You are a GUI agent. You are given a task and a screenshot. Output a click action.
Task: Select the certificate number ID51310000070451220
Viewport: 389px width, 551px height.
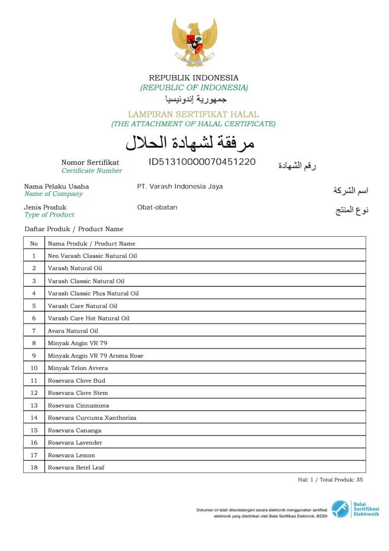click(202, 162)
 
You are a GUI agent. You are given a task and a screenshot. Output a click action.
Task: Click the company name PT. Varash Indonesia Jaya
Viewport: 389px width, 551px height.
click(180, 187)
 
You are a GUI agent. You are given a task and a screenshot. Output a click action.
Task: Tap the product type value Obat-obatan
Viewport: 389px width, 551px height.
click(157, 207)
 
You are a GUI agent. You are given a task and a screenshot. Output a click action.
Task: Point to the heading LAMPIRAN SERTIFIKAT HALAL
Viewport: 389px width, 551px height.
click(193, 115)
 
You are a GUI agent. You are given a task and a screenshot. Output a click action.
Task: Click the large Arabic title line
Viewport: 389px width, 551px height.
click(190, 143)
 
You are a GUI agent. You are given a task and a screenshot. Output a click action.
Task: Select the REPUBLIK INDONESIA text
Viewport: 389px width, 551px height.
click(193, 78)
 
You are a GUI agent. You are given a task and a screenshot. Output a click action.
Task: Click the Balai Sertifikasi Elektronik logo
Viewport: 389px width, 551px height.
click(355, 508)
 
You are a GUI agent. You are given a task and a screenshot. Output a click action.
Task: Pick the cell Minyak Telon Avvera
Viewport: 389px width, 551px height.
click(77, 368)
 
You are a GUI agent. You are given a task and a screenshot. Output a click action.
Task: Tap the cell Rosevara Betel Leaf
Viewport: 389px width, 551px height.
click(76, 467)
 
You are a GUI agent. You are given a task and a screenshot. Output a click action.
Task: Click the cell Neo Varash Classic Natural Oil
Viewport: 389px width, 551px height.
click(92, 256)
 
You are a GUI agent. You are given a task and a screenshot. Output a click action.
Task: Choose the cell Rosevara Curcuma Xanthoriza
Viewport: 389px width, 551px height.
click(92, 418)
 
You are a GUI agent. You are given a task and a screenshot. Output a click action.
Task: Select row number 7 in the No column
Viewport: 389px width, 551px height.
click(34, 330)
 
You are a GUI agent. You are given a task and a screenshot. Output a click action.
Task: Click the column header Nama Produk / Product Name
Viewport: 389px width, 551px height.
click(91, 243)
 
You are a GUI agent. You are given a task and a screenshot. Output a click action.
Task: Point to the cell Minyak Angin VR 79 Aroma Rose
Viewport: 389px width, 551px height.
click(95, 356)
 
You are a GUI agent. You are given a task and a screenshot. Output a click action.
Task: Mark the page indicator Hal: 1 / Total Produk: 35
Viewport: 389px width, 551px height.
click(330, 480)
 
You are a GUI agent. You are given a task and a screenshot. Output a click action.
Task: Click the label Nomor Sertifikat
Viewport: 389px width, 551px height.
click(90, 163)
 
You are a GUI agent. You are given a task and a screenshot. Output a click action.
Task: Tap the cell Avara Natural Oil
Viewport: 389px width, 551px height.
click(73, 330)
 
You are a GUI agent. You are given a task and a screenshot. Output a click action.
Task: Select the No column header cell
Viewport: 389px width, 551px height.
click(34, 243)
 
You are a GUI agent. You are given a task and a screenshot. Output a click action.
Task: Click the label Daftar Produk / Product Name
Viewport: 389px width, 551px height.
click(74, 229)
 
